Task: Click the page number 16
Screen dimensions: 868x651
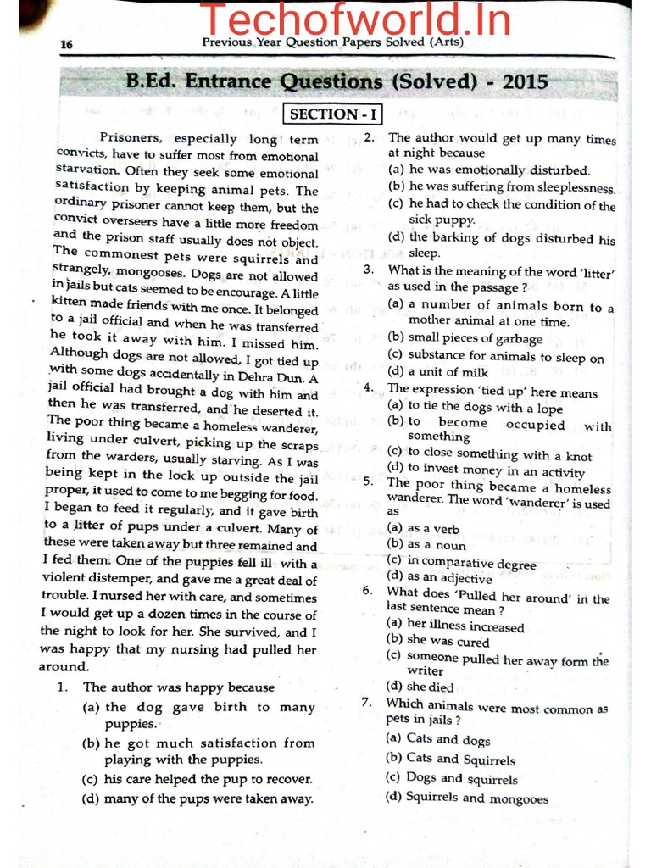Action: point(66,44)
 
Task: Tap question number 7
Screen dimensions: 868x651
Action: point(367,703)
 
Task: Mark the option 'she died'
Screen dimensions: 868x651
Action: point(430,687)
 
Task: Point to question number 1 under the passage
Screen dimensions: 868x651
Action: point(62,687)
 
